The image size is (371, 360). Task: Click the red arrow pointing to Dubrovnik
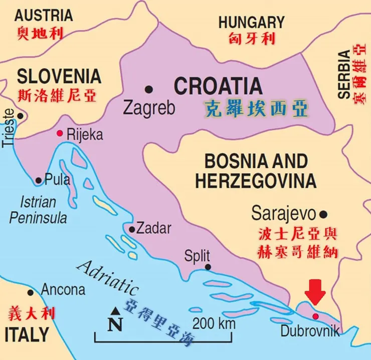[315, 292]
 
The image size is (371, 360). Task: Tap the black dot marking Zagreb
[149, 89]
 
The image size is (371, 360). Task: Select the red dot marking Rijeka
[60, 133]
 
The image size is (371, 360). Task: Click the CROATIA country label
[218, 86]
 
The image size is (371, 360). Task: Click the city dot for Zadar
[132, 230]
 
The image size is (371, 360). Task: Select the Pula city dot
[39, 180]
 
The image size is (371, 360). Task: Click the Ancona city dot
[31, 292]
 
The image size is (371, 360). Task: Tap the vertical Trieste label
[9, 132]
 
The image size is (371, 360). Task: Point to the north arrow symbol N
[115, 322]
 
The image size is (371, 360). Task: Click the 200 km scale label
[213, 323]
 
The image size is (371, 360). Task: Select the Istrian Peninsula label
[38, 210]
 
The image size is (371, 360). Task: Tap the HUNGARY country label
[251, 22]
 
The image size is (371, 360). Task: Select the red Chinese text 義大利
[32, 313]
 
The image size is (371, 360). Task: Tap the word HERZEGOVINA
[256, 181]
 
